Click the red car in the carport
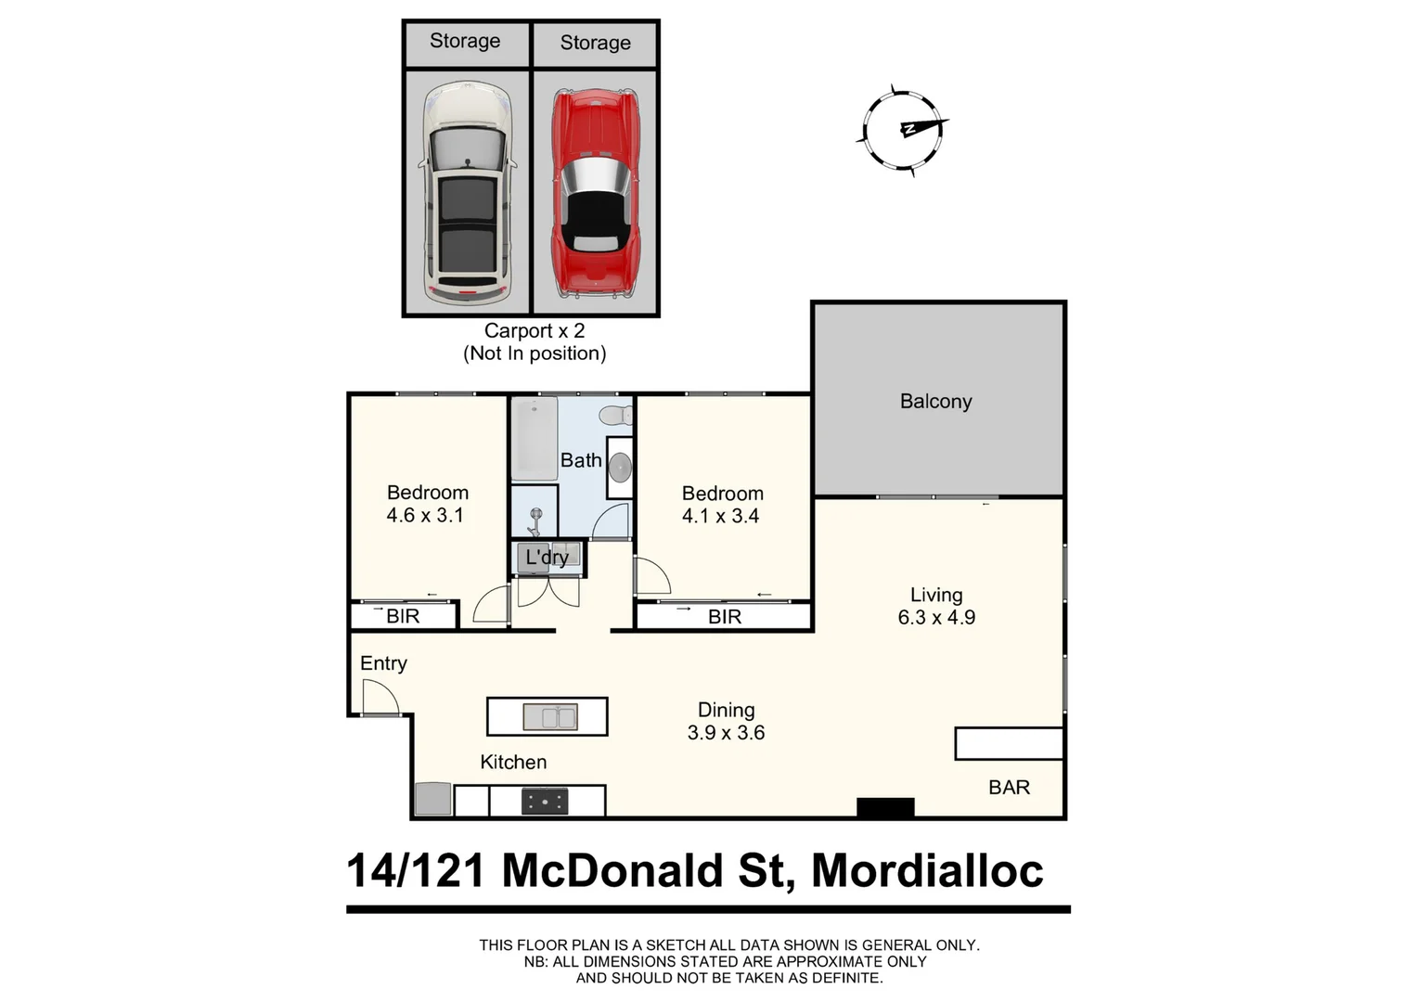pyautogui.click(x=594, y=194)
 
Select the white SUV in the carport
pyautogui.click(x=466, y=191)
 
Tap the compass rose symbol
pyautogui.click(x=901, y=129)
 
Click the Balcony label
pyautogui.click(x=935, y=402)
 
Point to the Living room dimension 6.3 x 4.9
pyautogui.click(x=936, y=618)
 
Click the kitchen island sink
pyautogui.click(x=549, y=717)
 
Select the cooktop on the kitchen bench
pyautogui.click(x=545, y=801)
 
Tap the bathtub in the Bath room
pyautogui.click(x=534, y=438)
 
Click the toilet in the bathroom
pyautogui.click(x=615, y=414)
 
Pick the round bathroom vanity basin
pyautogui.click(x=620, y=467)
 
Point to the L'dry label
pyautogui.click(x=547, y=558)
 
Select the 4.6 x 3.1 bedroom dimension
pyautogui.click(x=425, y=516)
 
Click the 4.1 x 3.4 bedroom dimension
pyautogui.click(x=720, y=517)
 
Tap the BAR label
pyautogui.click(x=1009, y=788)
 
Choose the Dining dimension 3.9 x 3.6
pyautogui.click(x=726, y=733)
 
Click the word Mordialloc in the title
pyautogui.click(x=927, y=871)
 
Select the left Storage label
pyautogui.click(x=465, y=42)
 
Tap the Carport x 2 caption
pyautogui.click(x=535, y=331)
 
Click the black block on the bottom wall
pyautogui.click(x=885, y=808)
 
